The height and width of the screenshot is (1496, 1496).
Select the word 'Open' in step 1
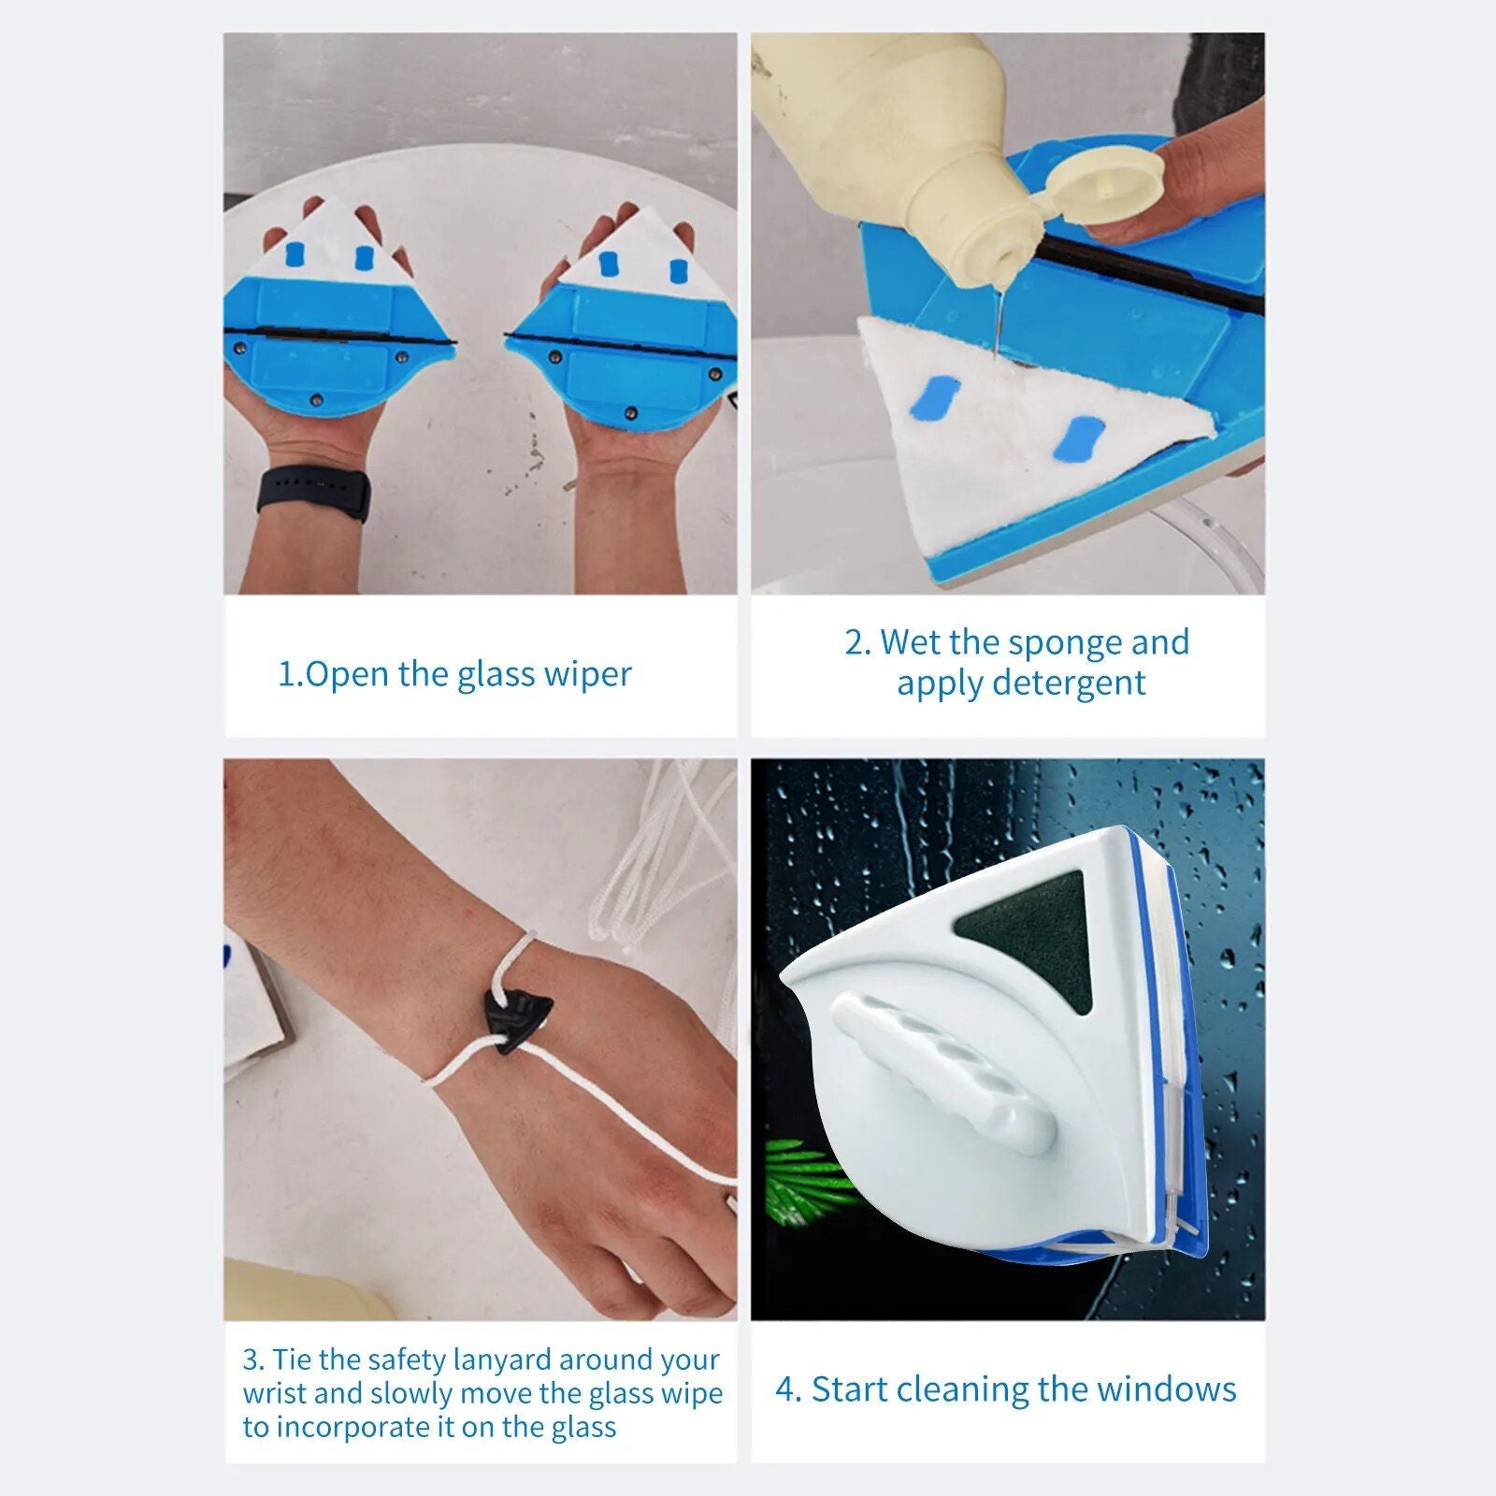[x=346, y=674]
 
